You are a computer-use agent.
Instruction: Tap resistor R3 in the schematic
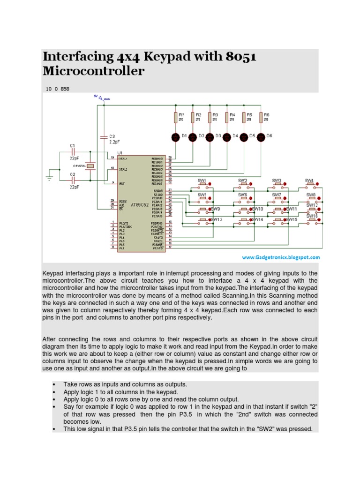[x=210, y=117]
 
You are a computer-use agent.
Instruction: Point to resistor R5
[x=243, y=117]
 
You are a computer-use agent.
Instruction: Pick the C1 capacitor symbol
[x=72, y=153]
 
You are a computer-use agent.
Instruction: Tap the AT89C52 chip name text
[x=140, y=205]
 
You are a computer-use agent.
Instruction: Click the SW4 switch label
[x=309, y=180]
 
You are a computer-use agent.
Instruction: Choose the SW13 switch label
[x=217, y=220]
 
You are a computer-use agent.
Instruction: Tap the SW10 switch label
[x=258, y=209]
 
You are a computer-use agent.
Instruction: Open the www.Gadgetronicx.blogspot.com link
[x=281, y=257]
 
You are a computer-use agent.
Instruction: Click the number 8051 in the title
[x=241, y=58]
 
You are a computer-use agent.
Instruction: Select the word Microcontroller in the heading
[x=93, y=72]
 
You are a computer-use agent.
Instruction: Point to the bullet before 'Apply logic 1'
[x=55, y=391]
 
